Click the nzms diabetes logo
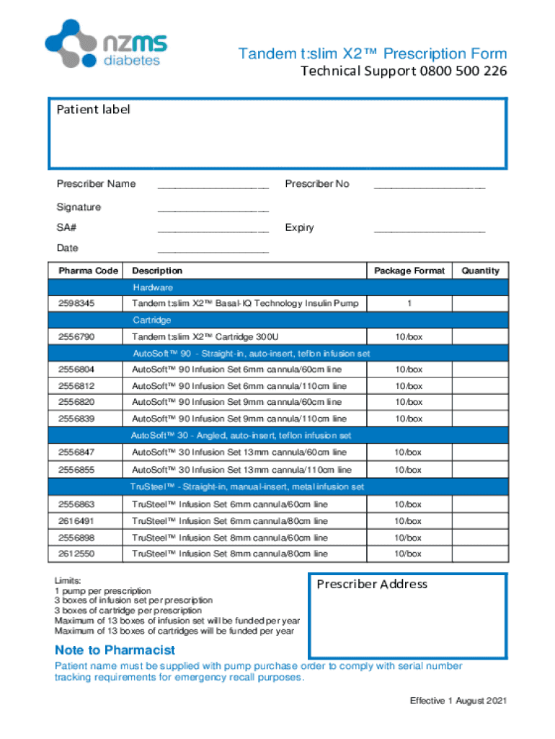(106, 44)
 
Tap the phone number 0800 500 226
(461, 71)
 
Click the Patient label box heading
(94, 110)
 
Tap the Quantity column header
(480, 271)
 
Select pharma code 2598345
(76, 304)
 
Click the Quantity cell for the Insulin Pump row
(480, 304)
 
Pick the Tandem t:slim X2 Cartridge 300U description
(205, 337)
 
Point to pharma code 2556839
(76, 419)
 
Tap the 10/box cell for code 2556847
(409, 452)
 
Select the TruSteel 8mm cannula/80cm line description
(229, 554)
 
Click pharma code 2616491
(76, 521)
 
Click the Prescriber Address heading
(372, 585)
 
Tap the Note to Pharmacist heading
(115, 650)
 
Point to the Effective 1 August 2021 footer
(458, 701)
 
